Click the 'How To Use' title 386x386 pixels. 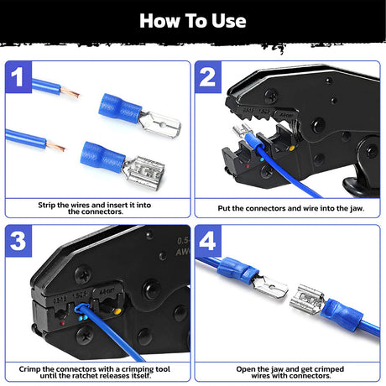coord(193,20)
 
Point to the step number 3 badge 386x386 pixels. coord(18,243)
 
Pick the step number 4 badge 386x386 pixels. coord(209,243)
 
